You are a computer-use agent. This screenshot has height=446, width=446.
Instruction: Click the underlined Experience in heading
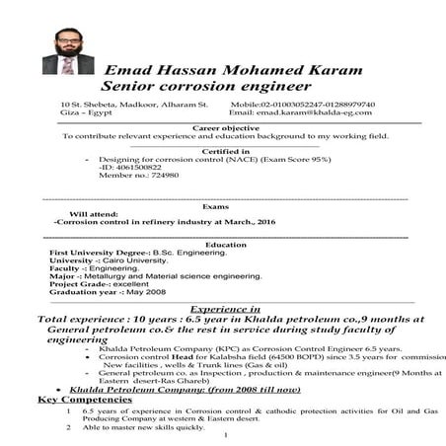click(225, 308)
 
